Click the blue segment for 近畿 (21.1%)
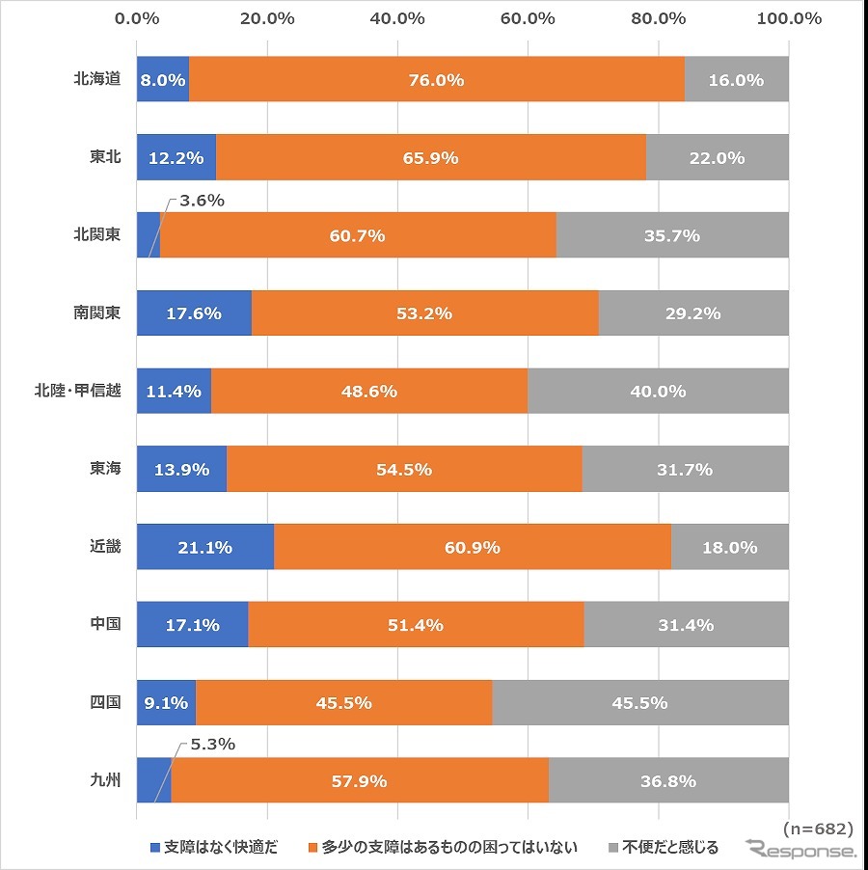(x=205, y=547)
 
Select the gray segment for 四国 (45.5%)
(x=640, y=703)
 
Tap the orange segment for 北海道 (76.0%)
(x=436, y=80)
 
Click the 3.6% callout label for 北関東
(x=201, y=201)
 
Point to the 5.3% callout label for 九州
(x=212, y=745)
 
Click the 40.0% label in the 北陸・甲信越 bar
(x=658, y=392)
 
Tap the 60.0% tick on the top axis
(x=528, y=18)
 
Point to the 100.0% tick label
(x=789, y=18)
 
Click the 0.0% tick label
(x=137, y=18)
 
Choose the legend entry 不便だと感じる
(x=663, y=848)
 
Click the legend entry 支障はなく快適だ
(x=213, y=848)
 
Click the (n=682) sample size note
(x=816, y=829)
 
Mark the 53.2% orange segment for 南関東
(x=424, y=313)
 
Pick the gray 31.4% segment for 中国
(x=686, y=625)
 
